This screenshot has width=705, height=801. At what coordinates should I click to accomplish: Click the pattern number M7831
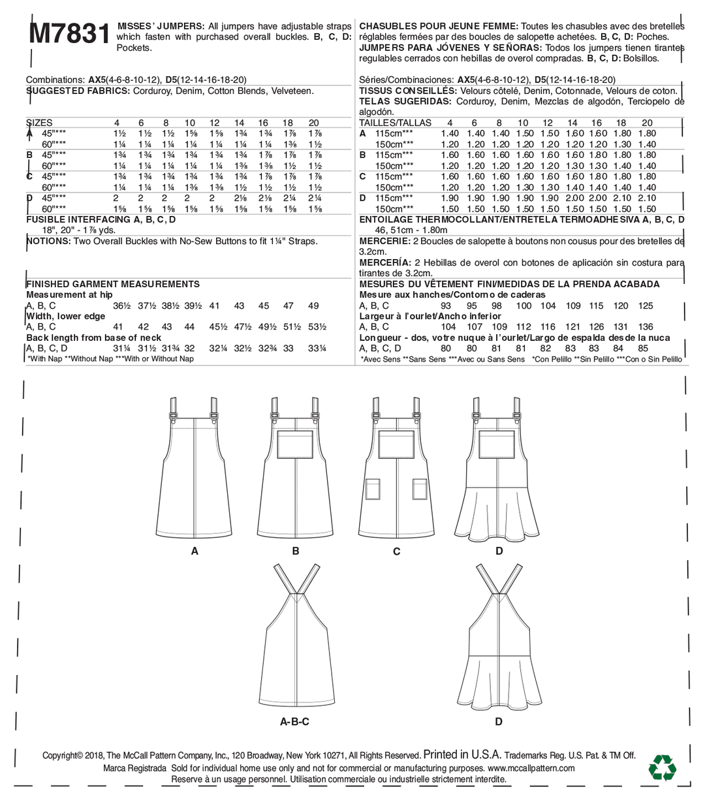point(67,32)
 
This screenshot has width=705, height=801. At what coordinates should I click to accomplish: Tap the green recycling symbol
point(661,768)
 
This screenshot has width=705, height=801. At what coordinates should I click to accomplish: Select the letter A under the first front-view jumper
point(195,551)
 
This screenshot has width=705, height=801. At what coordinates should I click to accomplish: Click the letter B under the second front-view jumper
point(296,551)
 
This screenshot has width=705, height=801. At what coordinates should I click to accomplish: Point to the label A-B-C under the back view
point(294,721)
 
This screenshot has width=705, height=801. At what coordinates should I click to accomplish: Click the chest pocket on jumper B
point(295,443)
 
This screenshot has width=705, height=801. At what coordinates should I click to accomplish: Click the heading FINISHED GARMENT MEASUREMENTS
point(113,284)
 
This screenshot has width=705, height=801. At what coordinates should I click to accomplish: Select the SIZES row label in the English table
point(40,123)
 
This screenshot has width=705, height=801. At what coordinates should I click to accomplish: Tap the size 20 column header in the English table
point(313,123)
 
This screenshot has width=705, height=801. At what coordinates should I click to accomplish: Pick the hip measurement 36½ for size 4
point(122,306)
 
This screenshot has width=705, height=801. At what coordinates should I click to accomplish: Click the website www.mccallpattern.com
point(531,768)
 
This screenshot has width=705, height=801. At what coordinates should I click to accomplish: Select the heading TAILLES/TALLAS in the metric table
point(396,123)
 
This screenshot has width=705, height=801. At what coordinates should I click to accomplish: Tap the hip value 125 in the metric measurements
point(646,306)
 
